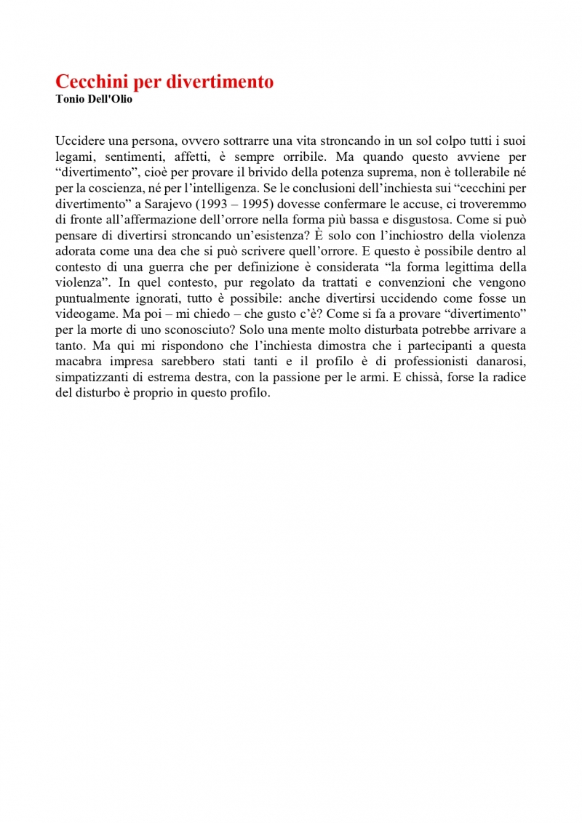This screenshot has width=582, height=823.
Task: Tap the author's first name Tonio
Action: tap(70, 99)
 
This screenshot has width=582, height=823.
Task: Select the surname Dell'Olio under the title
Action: tap(109, 99)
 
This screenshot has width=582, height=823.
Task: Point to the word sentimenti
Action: tap(127, 156)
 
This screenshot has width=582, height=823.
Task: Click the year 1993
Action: tap(207, 204)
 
